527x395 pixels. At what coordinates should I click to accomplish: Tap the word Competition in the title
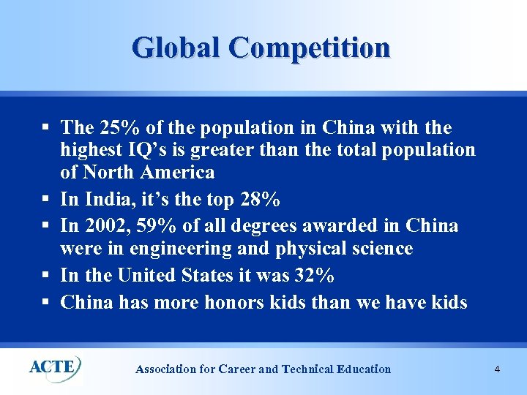tap(310, 48)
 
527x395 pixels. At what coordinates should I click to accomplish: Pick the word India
tap(105, 199)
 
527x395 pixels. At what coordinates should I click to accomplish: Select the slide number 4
tap(497, 369)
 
